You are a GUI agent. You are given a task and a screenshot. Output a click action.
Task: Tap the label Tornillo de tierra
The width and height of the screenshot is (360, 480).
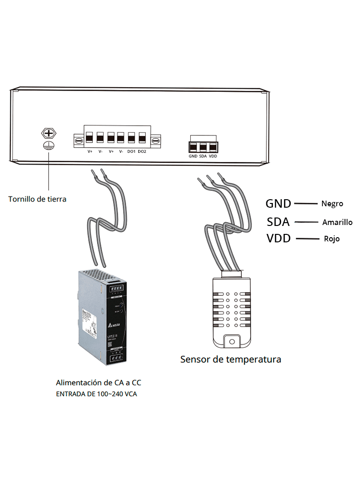pyautogui.click(x=37, y=199)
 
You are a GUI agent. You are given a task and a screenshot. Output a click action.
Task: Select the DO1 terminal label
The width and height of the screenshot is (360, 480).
pyautogui.click(x=131, y=151)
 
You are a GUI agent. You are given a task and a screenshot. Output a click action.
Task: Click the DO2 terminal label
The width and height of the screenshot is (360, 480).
pyautogui.click(x=142, y=151)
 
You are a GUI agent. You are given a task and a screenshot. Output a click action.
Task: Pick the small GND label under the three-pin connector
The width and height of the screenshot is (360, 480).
pyautogui.click(x=193, y=156)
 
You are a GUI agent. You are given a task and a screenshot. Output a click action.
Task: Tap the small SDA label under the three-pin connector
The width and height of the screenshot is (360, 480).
pyautogui.click(x=203, y=156)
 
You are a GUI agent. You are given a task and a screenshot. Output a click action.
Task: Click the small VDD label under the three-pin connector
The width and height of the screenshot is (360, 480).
pyautogui.click(x=213, y=156)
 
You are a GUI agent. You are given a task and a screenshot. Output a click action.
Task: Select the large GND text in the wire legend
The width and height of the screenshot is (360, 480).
pyautogui.click(x=278, y=203)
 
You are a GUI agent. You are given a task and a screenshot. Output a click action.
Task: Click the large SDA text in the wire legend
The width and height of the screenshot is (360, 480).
pyautogui.click(x=278, y=221)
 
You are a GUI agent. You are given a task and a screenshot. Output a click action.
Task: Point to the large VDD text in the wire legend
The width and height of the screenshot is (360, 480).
pyautogui.click(x=278, y=239)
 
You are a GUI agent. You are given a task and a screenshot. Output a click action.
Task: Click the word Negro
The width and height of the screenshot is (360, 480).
pyautogui.click(x=332, y=204)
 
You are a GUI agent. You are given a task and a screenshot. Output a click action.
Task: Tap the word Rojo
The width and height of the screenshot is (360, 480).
pyautogui.click(x=332, y=239)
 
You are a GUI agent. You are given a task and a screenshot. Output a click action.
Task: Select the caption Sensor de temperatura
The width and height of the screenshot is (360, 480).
pyautogui.click(x=231, y=360)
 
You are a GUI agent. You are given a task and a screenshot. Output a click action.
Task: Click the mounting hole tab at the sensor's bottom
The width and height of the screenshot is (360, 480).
pyautogui.click(x=230, y=340)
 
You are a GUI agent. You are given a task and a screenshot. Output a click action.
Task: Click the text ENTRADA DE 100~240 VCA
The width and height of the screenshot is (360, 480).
pyautogui.click(x=97, y=394)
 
